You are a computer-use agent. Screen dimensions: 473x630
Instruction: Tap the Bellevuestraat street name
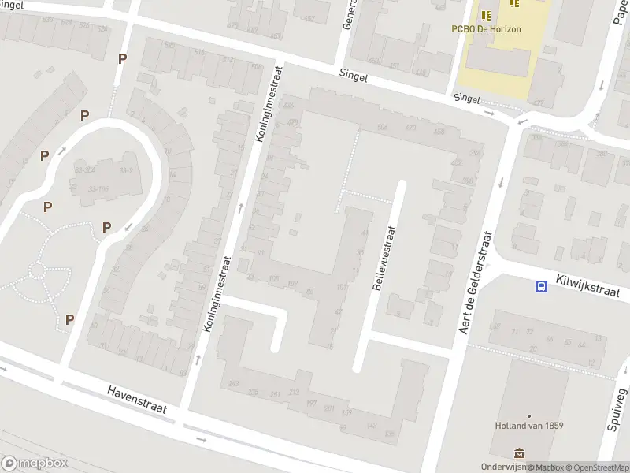coord(384,257)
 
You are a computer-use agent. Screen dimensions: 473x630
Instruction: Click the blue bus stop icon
coord(542,287)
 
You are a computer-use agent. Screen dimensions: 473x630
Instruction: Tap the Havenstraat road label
coord(141,401)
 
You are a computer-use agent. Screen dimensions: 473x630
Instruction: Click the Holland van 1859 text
coord(528,426)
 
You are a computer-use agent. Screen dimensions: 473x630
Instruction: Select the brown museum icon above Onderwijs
coord(519,453)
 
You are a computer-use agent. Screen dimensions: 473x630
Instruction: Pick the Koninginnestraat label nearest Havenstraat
coord(218,292)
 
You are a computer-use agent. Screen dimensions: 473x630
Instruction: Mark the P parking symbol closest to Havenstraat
coord(69,319)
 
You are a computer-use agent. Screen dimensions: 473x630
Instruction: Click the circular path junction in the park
coord(36,270)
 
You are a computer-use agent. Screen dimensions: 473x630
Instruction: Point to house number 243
coord(233,383)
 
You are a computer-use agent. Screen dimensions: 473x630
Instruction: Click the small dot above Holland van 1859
coord(528,416)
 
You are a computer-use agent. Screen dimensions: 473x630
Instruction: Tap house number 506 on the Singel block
coord(384,127)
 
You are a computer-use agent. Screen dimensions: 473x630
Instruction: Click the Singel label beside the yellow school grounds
coord(466,99)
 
